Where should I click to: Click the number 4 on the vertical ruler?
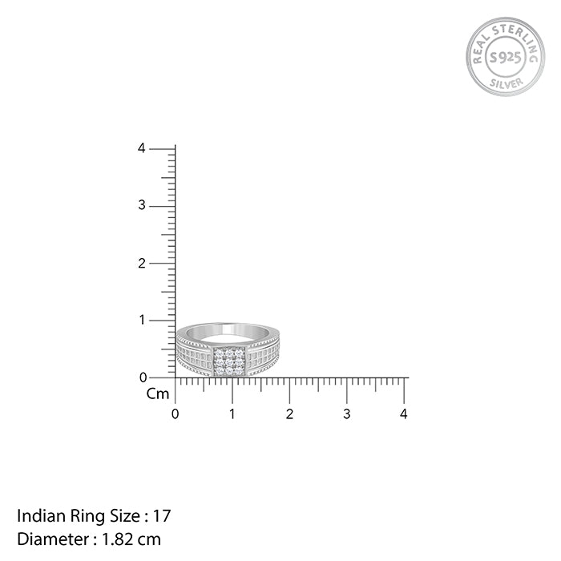pyautogui.click(x=141, y=148)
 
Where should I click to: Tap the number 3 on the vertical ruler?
pyautogui.click(x=141, y=206)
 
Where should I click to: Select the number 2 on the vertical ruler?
pyautogui.click(x=141, y=263)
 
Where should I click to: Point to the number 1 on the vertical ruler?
pyautogui.click(x=142, y=320)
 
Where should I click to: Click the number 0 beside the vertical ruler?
pyautogui.click(x=142, y=377)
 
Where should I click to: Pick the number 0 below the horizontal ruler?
pyautogui.click(x=176, y=414)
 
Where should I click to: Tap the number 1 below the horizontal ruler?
pyautogui.click(x=232, y=414)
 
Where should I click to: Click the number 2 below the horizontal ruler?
pyautogui.click(x=289, y=414)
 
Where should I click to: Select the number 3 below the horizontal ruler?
pyautogui.click(x=346, y=414)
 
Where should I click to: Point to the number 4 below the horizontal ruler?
pyautogui.click(x=404, y=414)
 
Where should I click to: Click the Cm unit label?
pyautogui.click(x=157, y=394)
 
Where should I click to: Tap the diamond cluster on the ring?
pyautogui.click(x=228, y=361)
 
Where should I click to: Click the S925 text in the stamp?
pyautogui.click(x=505, y=57)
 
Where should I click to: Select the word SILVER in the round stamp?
pyautogui.click(x=505, y=82)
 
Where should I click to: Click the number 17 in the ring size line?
pyautogui.click(x=163, y=515)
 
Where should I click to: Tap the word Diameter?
pyautogui.click(x=46, y=539)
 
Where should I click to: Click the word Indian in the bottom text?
pyautogui.click(x=35, y=515)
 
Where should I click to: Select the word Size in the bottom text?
pyautogui.click(x=110, y=515)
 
